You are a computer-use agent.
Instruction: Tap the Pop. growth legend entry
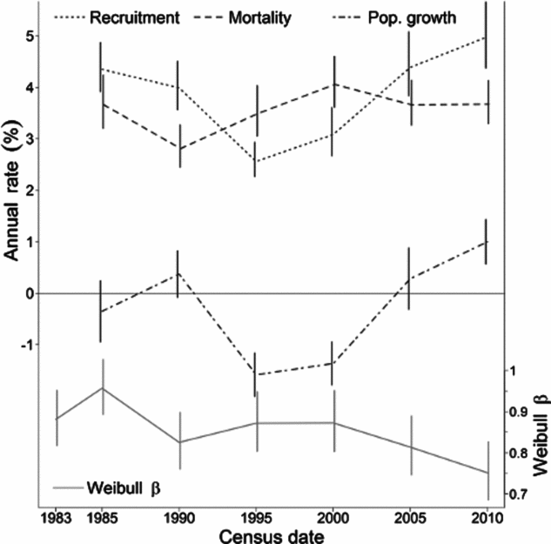(x=408, y=17)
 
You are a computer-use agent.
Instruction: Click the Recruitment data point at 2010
(x=487, y=37)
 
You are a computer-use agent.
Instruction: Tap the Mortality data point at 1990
(x=178, y=148)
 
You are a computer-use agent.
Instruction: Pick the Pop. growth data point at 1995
(x=257, y=375)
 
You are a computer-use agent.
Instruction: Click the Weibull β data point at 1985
(x=103, y=387)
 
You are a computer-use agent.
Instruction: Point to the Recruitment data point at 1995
(x=257, y=161)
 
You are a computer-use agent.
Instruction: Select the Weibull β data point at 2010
(x=487, y=473)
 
